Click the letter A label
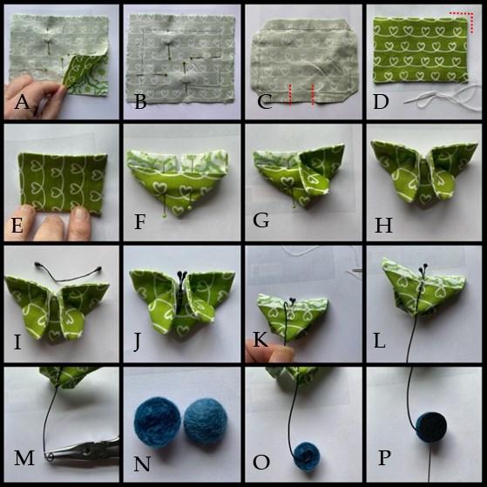pos(22,102)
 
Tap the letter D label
pos(381,102)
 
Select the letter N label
pos(142,463)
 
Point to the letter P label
pos(384,457)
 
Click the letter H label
pos(383,225)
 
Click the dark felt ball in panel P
pos(431,427)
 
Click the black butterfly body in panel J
pos(180,292)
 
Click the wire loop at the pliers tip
pos(50,457)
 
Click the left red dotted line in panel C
pos(290,95)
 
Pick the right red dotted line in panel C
pos(313,95)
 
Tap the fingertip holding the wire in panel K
pos(281,354)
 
